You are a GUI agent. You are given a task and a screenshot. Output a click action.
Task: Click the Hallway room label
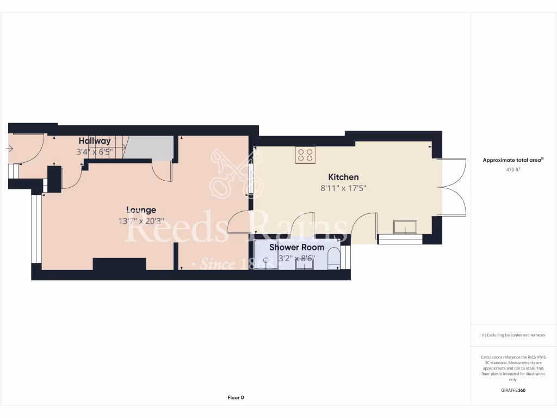[95, 141]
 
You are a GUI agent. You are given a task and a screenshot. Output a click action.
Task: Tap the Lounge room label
[141, 210]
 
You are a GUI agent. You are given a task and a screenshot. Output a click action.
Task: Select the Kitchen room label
[343, 177]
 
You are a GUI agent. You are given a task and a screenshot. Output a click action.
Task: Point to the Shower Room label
[297, 247]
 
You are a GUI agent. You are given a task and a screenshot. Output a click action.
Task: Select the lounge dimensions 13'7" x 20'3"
[141, 221]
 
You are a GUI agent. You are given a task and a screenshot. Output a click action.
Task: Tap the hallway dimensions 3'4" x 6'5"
[94, 152]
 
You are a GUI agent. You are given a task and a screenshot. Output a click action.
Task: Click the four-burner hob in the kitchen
[305, 155]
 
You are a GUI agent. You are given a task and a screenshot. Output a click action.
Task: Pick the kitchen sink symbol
[405, 226]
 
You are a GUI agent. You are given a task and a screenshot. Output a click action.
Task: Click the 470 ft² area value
[513, 170]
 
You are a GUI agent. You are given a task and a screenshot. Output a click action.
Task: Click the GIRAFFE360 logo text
[513, 390]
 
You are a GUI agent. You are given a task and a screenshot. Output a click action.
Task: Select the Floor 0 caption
[236, 397]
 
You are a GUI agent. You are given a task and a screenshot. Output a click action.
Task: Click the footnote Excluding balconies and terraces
[513, 335]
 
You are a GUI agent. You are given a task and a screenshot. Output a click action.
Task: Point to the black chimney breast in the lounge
[119, 264]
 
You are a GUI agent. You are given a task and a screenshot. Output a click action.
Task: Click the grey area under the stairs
[148, 148]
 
